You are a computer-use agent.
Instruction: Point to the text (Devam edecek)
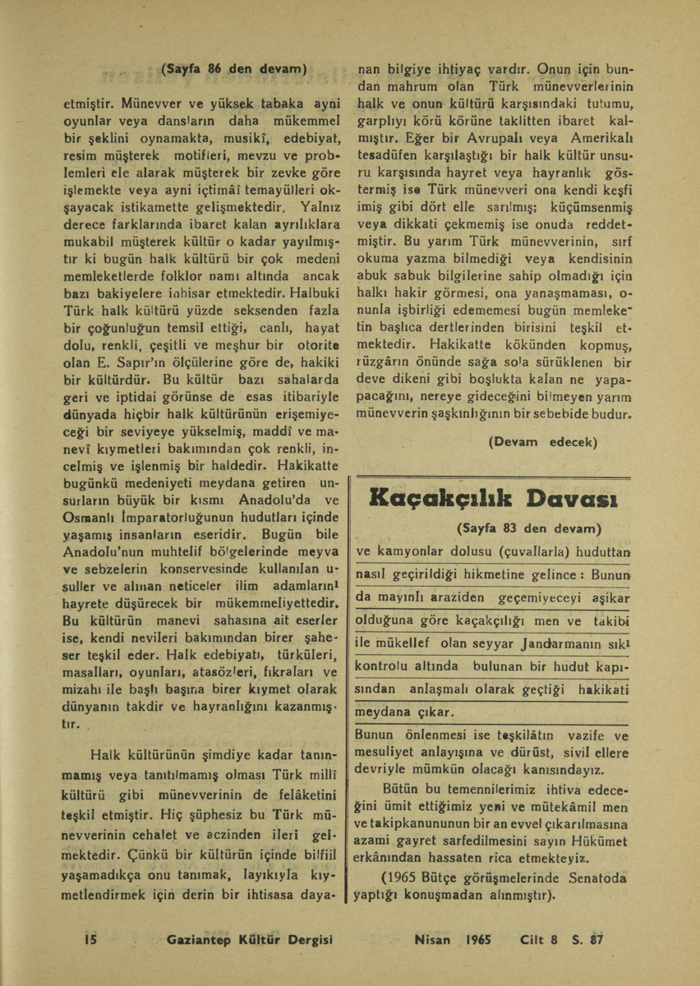(541, 441)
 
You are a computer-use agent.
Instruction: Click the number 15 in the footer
(91, 939)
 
